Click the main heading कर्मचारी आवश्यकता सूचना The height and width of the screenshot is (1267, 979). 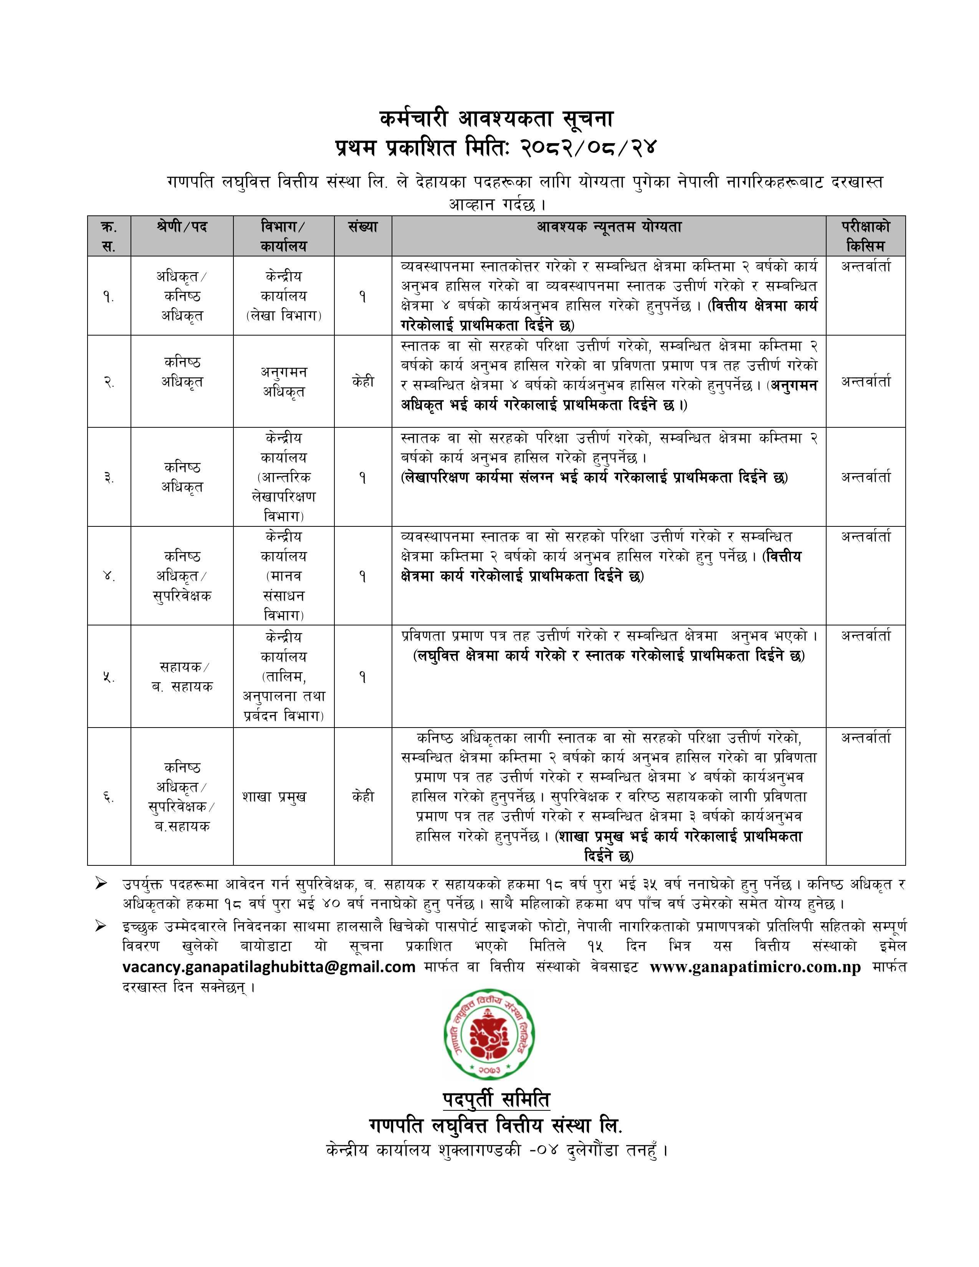pos(496,119)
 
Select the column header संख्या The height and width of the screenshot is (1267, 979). pos(363,227)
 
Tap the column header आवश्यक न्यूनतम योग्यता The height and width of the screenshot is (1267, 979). pos(609,227)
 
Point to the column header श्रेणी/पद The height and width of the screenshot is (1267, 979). pos(182,227)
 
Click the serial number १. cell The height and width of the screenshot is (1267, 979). pos(109,297)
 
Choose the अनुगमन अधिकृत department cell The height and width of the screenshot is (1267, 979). pos(284,381)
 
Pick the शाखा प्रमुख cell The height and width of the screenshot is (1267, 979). pos(275,797)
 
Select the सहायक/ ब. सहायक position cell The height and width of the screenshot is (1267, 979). pos(182,677)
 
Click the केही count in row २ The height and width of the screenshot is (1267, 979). pos(363,382)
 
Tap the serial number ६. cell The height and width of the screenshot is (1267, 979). pos(109,797)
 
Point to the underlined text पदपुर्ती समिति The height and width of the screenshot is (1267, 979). pos(496,1099)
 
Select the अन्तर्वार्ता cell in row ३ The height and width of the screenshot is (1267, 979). pos(865,478)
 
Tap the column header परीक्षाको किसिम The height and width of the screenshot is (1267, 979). pos(865,235)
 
